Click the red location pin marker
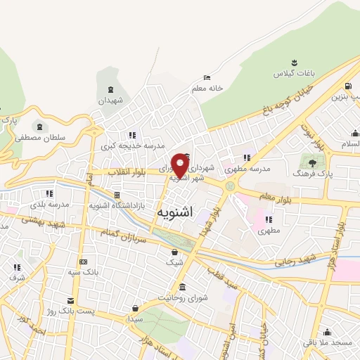(180, 166)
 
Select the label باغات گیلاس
(292, 73)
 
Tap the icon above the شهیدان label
(111, 90)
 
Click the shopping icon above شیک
(174, 252)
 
